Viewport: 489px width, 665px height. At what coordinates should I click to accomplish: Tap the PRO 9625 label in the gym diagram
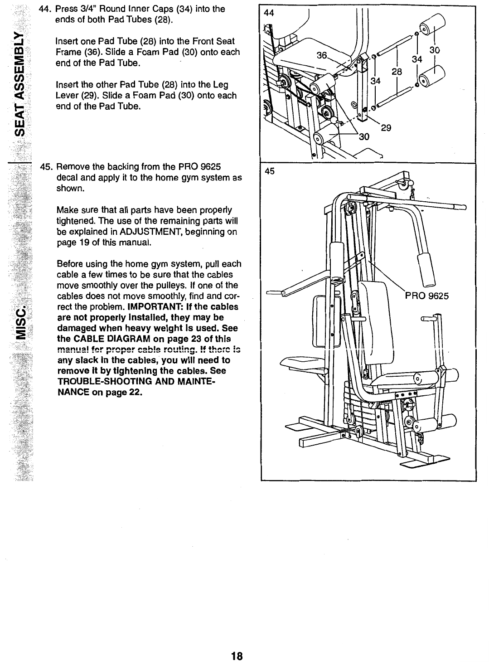click(x=426, y=296)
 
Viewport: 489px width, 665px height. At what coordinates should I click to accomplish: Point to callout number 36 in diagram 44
click(x=322, y=55)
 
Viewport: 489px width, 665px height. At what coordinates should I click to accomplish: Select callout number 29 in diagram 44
click(x=386, y=128)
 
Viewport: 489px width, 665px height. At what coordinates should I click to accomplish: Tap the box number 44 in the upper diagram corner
click(x=269, y=13)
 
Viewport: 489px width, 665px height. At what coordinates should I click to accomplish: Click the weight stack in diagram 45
click(x=363, y=408)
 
